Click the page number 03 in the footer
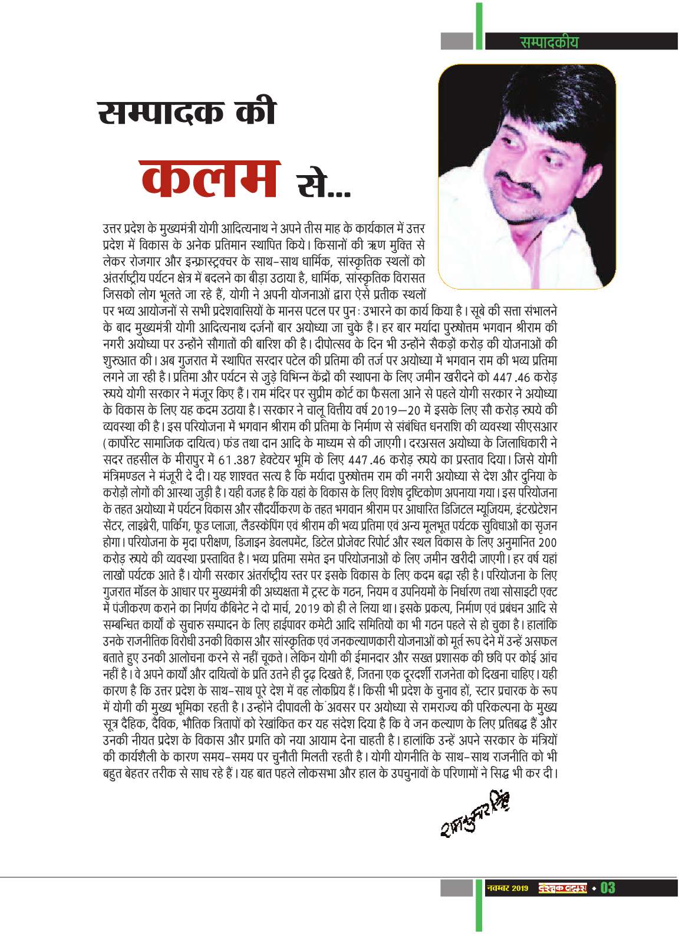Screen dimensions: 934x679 coord(607,904)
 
